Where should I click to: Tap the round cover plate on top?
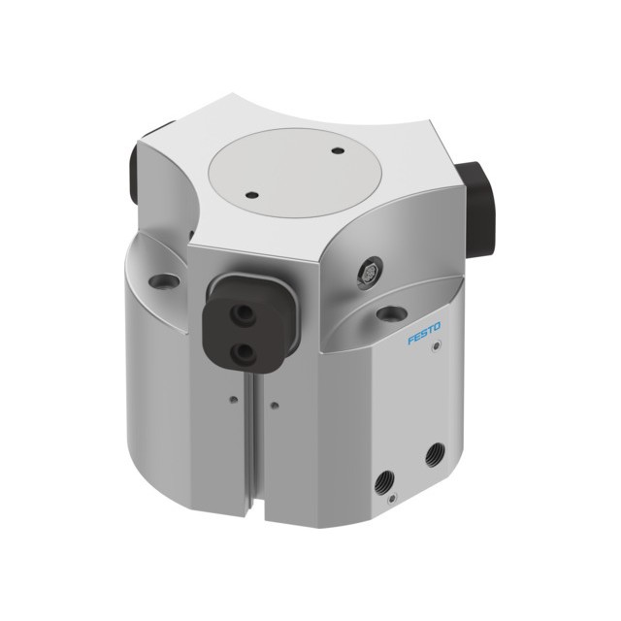[294, 173]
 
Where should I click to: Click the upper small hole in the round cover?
[338, 150]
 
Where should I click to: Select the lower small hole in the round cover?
[251, 195]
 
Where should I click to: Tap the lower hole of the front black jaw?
[242, 351]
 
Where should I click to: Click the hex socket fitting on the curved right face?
[370, 273]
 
